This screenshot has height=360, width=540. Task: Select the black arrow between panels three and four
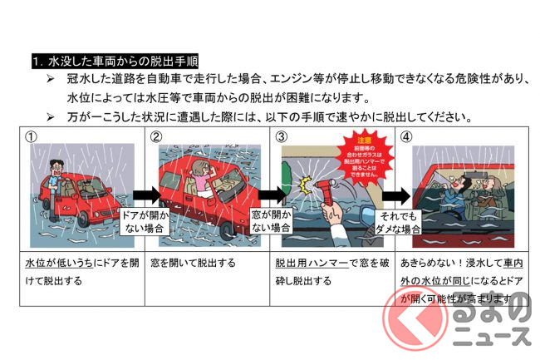[x=398, y=196]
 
